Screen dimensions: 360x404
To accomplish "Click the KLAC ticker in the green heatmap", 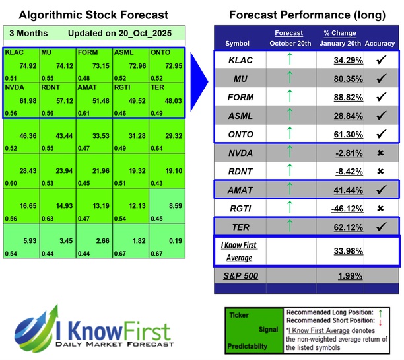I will click(x=15, y=52).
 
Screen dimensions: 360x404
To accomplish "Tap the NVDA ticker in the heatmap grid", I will click(x=15, y=87).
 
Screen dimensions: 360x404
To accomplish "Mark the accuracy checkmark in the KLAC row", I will click(x=380, y=60).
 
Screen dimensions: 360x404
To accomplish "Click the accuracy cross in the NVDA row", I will click(x=380, y=153).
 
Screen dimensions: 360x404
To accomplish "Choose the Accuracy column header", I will click(x=380, y=43).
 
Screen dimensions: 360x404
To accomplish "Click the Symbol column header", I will click(x=238, y=43).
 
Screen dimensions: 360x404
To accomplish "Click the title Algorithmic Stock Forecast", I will click(x=93, y=15).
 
